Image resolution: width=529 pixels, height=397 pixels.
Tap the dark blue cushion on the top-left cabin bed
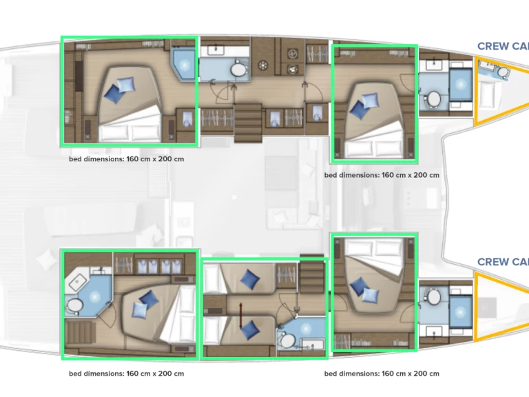(x=126, y=84)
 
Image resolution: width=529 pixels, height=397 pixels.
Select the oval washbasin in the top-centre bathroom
(x=238, y=70)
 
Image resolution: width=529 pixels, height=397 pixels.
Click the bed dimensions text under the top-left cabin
(x=126, y=159)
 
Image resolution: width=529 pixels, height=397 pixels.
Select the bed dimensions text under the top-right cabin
(x=382, y=175)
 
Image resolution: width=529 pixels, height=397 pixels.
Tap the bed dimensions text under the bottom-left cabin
(x=126, y=374)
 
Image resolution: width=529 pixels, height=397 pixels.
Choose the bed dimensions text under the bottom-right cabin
(x=382, y=374)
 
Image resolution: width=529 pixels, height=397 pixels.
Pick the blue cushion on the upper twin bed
(x=249, y=279)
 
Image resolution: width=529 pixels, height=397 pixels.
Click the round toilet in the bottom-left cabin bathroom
(x=74, y=305)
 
